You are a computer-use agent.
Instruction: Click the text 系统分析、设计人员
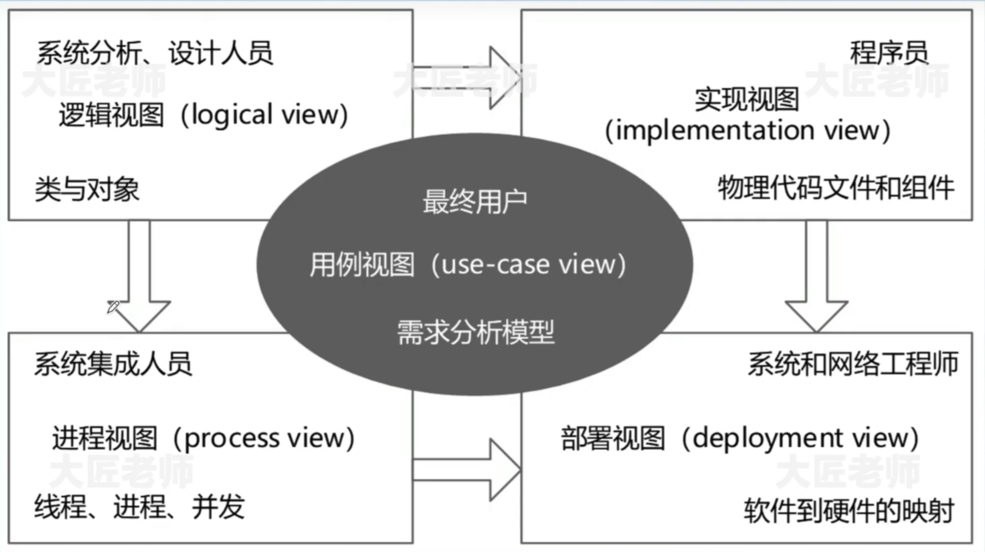click(155, 53)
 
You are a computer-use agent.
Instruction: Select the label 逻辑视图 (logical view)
click(203, 114)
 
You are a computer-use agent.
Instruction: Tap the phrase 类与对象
click(87, 189)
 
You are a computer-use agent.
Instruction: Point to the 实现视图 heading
click(746, 99)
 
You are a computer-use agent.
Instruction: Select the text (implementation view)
click(747, 131)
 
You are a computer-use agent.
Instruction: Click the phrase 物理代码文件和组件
click(836, 188)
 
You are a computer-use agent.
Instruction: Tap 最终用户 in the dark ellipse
click(475, 202)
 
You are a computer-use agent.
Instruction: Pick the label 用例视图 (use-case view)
click(468, 264)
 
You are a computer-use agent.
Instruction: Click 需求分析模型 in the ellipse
click(475, 333)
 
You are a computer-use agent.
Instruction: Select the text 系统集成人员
click(113, 364)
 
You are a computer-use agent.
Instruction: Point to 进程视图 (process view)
click(203, 438)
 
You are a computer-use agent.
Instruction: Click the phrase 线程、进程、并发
click(139, 507)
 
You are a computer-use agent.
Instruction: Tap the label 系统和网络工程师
click(853, 364)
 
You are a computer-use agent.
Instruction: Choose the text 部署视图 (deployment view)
click(739, 438)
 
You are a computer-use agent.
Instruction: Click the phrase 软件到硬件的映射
click(849, 511)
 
